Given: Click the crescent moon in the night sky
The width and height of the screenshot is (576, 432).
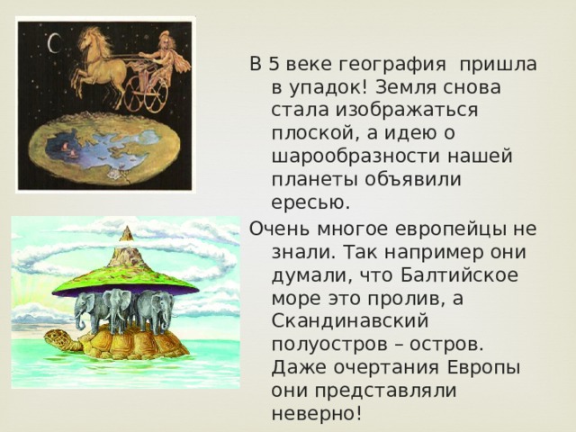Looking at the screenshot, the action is pos(54,43).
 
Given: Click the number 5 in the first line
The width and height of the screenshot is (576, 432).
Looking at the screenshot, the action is pos(274,64).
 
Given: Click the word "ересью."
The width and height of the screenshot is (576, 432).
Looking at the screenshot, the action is pos(310,202).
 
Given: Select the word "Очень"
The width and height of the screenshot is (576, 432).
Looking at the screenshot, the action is pos(280,229).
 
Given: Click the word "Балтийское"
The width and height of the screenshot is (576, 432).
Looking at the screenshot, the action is pos(460,274).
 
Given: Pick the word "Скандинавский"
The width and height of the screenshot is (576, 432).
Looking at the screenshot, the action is pos(350,320).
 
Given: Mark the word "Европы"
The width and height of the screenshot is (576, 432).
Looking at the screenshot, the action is pos(483,368).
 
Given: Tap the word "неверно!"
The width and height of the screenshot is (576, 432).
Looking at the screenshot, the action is pos(317,414).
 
